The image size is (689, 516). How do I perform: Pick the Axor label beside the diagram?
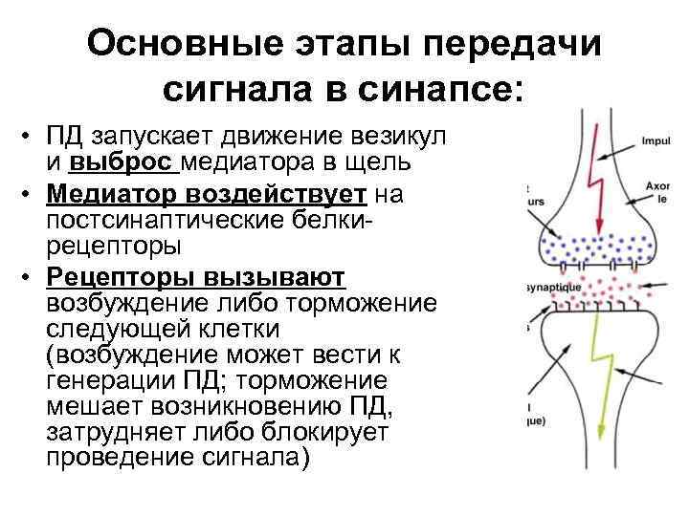pos(657,188)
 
